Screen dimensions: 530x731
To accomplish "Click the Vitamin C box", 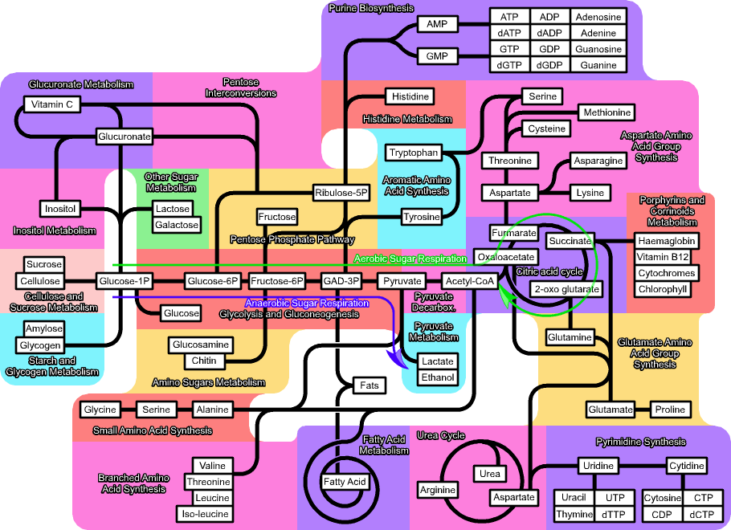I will point(52,104).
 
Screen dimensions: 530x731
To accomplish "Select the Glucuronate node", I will point(125,137).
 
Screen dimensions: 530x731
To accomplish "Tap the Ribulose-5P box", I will point(341,193).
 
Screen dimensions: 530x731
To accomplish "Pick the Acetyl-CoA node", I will point(469,281).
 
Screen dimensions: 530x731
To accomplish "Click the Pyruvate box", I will point(402,281).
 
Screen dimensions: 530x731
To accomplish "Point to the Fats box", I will point(369,385).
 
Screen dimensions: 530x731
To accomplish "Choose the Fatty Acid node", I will point(345,482).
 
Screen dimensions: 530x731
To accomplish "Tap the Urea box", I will point(490,474).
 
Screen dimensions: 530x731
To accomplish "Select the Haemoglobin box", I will point(666,241).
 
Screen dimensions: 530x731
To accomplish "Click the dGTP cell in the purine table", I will point(509,65).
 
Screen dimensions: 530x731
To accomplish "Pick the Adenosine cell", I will point(598,17).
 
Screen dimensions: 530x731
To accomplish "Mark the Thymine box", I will point(574,514).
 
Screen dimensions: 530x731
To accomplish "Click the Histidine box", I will point(410,96).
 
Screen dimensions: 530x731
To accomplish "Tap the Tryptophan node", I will point(413,153).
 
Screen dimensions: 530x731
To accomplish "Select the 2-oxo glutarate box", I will point(566,289).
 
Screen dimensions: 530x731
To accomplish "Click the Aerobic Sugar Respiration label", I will point(410,259).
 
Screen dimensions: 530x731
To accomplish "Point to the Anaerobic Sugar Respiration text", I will point(307,304).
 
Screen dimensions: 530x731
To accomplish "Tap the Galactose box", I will point(176,225).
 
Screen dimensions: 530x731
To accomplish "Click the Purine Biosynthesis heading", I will point(371,8).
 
